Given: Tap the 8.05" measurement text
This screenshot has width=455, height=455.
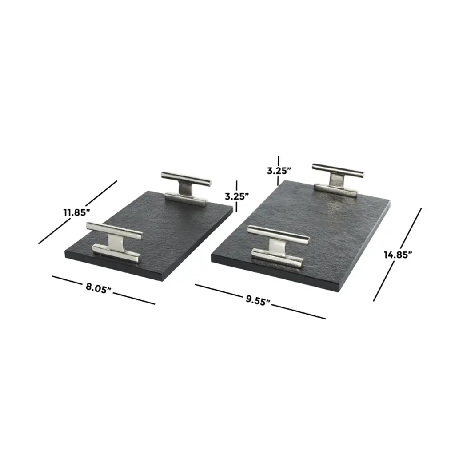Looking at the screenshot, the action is pyautogui.click(x=99, y=288).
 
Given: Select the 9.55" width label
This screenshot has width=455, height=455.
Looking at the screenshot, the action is pyautogui.click(x=258, y=300).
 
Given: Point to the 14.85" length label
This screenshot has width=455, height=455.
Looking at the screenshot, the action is pyautogui.click(x=398, y=255).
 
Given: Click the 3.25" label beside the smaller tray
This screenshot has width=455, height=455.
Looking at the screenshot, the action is pyautogui.click(x=237, y=196).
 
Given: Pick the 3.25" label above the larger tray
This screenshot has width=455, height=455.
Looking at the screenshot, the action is pyautogui.click(x=279, y=171).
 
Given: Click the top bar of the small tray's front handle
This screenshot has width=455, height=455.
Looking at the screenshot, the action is pyautogui.click(x=114, y=231).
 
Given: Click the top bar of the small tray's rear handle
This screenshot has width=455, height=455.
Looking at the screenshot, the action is pyautogui.click(x=186, y=179).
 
